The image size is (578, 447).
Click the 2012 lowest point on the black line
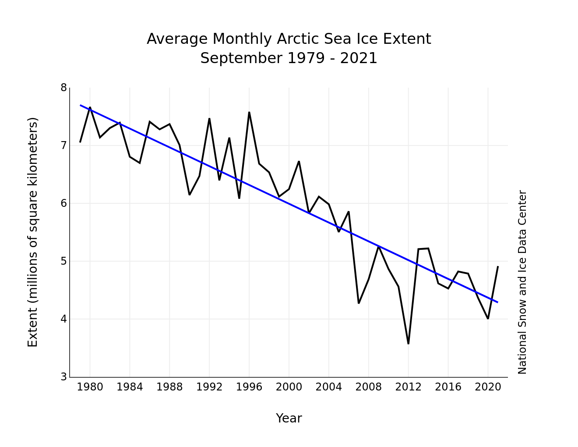[408, 344]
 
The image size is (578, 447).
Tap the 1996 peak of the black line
[249, 112]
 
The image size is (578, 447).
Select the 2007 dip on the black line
[359, 303]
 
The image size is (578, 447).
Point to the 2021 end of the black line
[498, 266]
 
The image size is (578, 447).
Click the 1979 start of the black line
[80, 142]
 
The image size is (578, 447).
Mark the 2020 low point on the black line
[488, 318]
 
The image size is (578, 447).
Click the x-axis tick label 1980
[90, 387]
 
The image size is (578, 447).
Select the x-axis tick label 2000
[289, 387]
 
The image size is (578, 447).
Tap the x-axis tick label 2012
[408, 387]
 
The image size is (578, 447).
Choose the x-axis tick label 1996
[249, 387]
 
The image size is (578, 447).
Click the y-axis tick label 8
[64, 88]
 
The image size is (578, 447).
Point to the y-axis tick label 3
[64, 377]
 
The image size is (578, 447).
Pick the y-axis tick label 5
[64, 261]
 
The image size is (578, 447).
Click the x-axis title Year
[289, 419]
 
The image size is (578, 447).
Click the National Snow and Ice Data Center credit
[522, 282]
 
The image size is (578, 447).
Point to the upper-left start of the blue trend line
[81, 105]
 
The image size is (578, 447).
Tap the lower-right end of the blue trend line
[497, 302]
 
